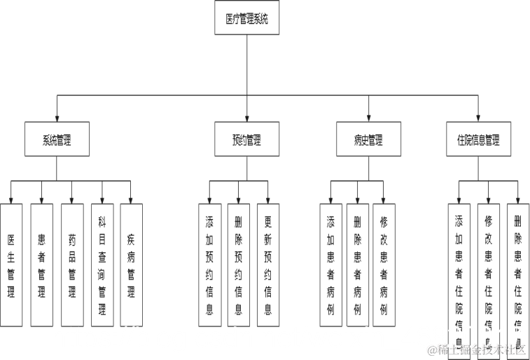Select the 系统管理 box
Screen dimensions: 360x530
pos(57,139)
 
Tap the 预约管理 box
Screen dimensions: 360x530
pos(246,139)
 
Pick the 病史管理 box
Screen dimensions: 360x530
pos(368,139)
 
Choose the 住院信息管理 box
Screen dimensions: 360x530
pos(478,139)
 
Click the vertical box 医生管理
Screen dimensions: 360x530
pos(11,265)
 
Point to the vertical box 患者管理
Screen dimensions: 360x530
pos(41,265)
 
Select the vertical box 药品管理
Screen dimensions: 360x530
pos(71,265)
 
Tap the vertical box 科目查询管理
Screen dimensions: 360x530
pos(102,265)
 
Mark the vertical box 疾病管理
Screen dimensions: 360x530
pos(131,265)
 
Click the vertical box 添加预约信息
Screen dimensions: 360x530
pos(209,265)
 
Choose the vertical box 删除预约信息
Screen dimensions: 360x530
pos(239,265)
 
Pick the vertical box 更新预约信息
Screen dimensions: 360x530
pos(267,265)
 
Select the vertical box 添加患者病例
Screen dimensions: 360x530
pos(330,265)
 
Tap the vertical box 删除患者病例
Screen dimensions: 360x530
pos(357,265)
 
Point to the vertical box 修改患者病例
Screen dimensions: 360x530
pos(384,265)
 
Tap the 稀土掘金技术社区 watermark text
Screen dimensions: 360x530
pos(477,349)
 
